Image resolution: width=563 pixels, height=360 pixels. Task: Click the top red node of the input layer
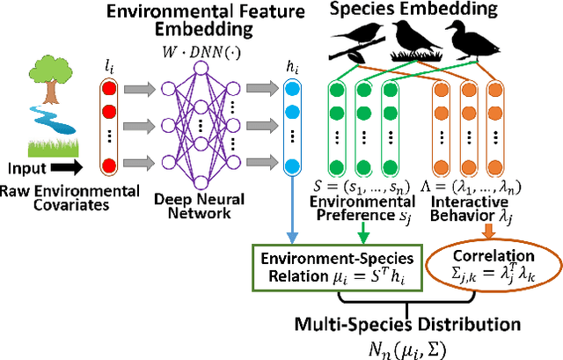tap(110, 87)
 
